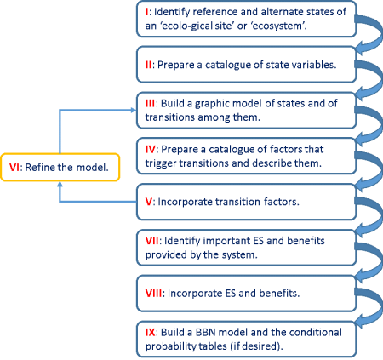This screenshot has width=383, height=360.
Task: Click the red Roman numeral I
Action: click(146, 12)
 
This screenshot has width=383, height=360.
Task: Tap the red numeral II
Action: click(149, 65)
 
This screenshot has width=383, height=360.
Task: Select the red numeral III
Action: click(151, 103)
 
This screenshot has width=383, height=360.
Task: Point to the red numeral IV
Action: click(151, 149)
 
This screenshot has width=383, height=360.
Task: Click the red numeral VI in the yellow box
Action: click(14, 168)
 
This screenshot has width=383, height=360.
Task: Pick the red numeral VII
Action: click(152, 241)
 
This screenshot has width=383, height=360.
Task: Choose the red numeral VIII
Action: click(154, 293)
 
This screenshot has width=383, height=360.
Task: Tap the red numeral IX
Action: click(151, 332)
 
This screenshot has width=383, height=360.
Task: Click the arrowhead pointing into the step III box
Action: click(134, 110)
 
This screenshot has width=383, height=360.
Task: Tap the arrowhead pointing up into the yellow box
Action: click(60, 185)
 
